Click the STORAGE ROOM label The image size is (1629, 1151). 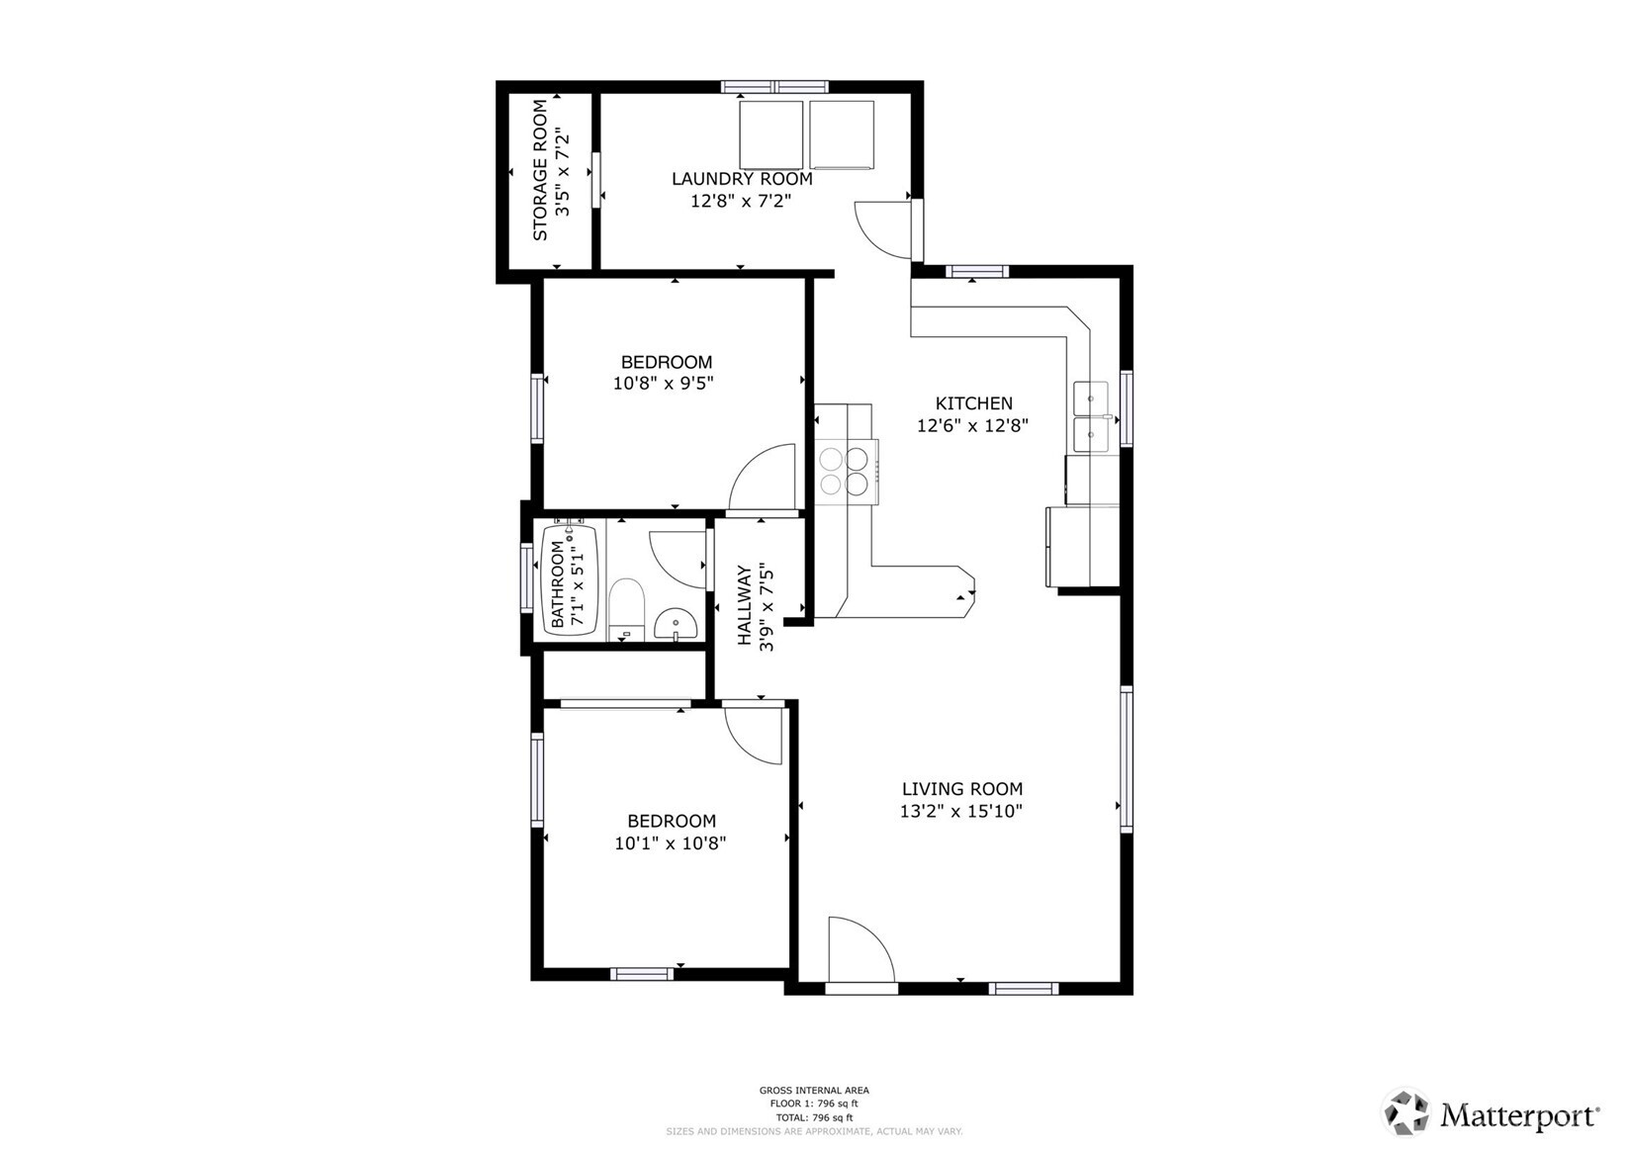(x=540, y=170)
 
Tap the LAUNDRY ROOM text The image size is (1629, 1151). (x=742, y=179)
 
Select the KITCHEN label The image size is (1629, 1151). (x=973, y=403)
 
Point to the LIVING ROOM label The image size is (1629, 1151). (x=961, y=789)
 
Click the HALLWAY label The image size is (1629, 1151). (x=745, y=605)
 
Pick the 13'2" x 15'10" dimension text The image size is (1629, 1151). (x=961, y=812)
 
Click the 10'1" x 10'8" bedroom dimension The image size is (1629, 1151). (x=671, y=843)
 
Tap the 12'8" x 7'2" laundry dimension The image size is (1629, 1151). (x=741, y=202)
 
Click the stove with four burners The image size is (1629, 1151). (x=844, y=471)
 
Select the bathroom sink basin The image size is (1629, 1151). (x=677, y=624)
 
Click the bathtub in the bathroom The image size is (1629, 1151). (x=571, y=578)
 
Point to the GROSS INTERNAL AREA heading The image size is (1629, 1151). (x=813, y=1091)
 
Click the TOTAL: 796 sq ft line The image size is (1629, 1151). (x=813, y=1117)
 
